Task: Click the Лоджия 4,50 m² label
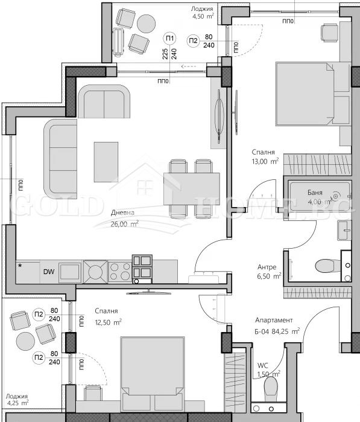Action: (x=201, y=13)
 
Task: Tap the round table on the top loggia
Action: (x=146, y=24)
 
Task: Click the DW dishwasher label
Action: (x=49, y=272)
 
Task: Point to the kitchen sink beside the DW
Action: (x=69, y=270)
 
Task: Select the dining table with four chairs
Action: (x=192, y=188)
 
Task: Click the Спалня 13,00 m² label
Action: (x=265, y=157)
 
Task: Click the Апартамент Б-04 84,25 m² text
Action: (x=277, y=326)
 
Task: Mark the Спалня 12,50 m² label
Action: (x=108, y=316)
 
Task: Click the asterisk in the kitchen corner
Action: (x=20, y=265)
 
